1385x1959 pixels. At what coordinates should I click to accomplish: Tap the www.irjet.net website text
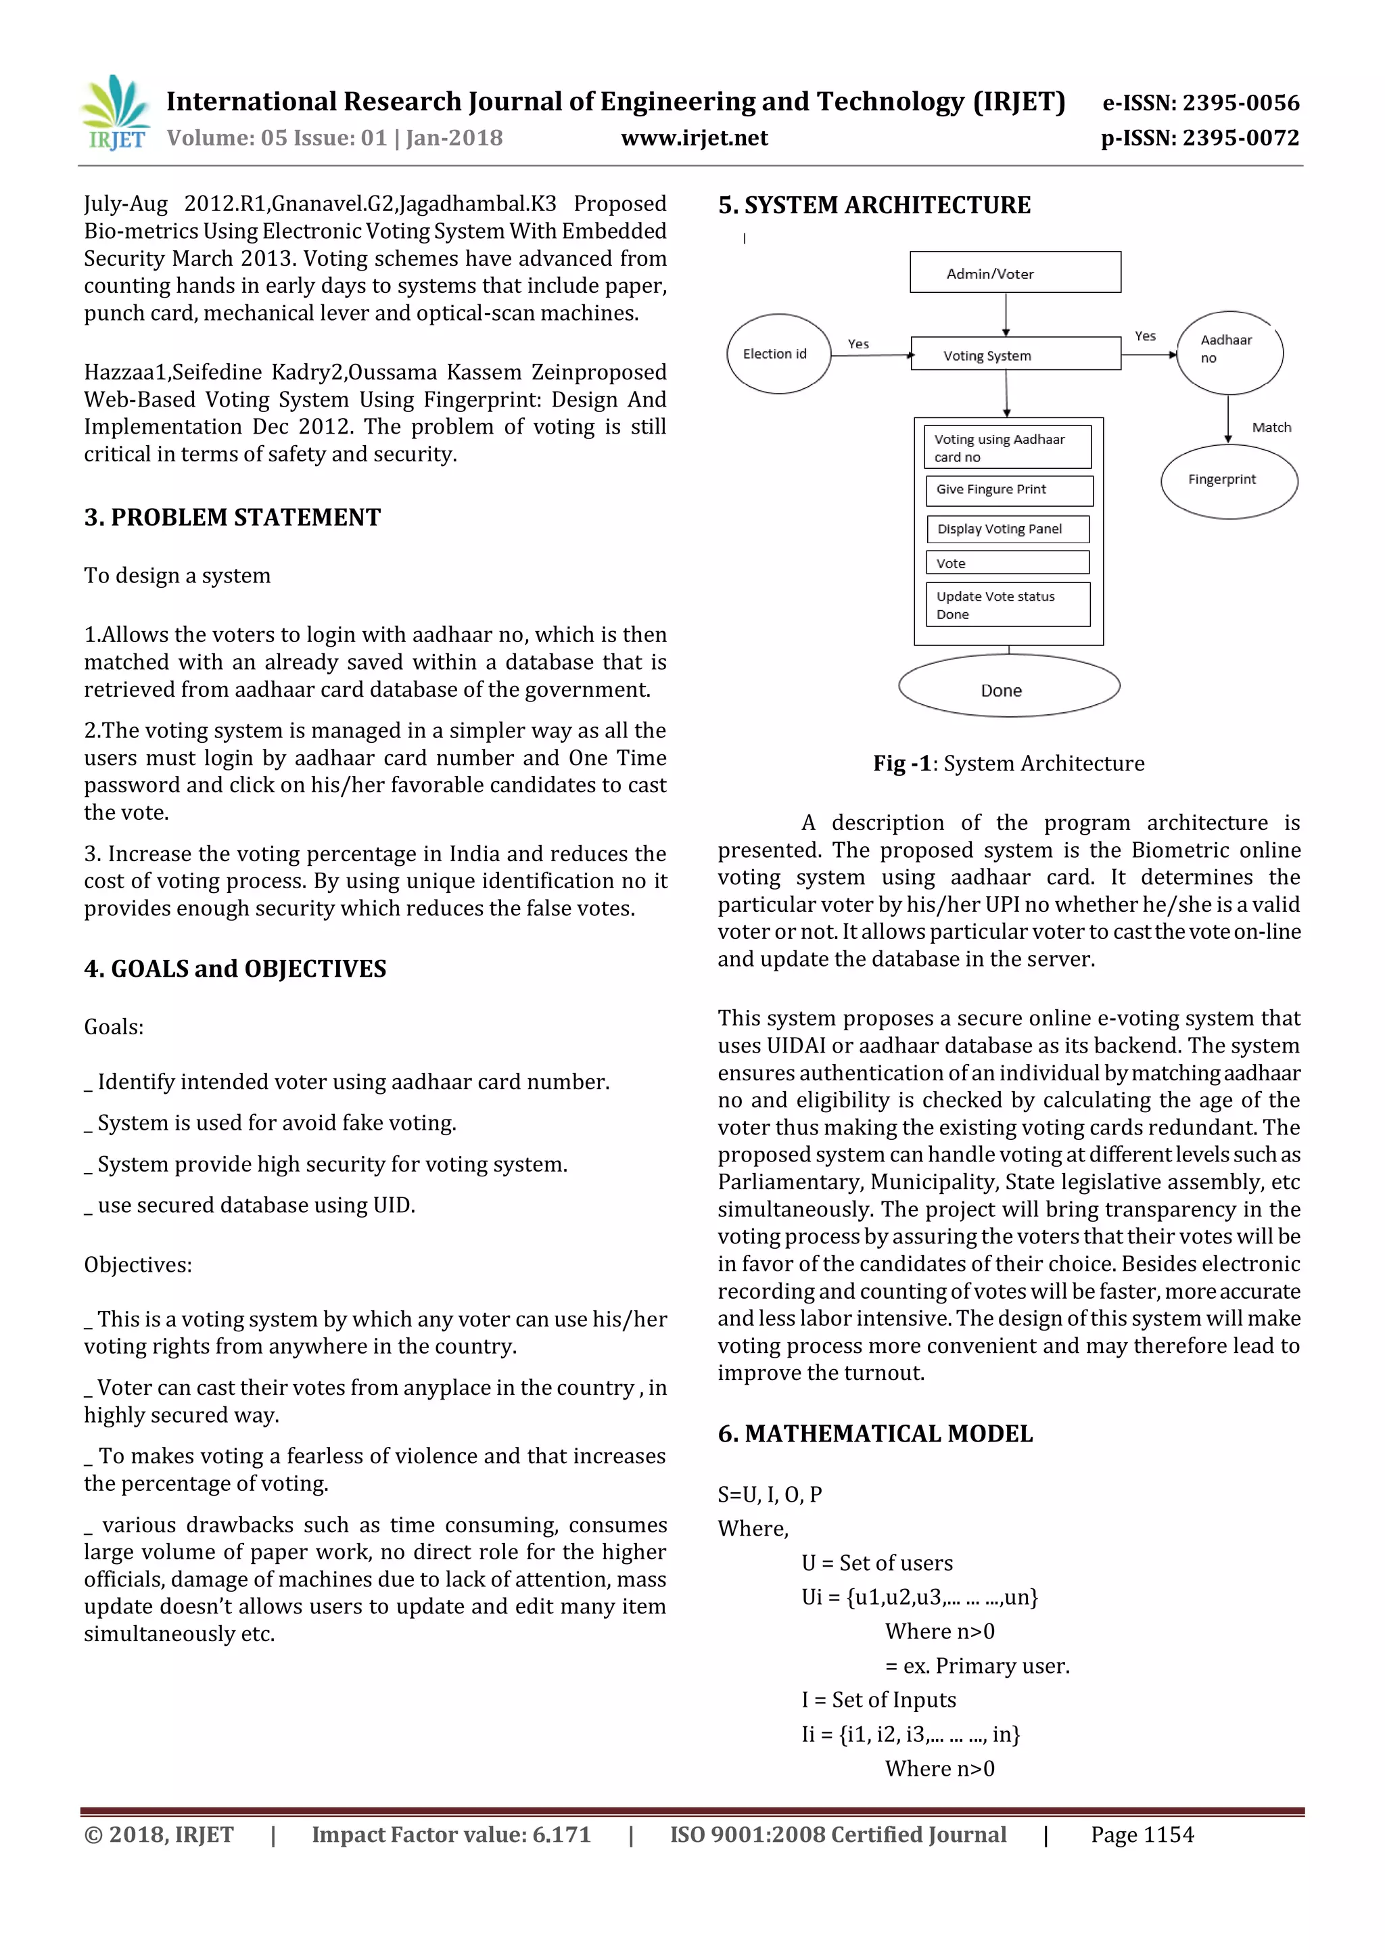(x=695, y=138)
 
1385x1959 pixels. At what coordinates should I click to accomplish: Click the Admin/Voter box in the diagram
(x=1015, y=273)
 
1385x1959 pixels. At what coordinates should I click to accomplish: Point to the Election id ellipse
(x=778, y=354)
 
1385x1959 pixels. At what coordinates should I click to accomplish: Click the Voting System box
(x=1015, y=354)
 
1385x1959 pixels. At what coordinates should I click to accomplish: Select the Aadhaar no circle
(x=1229, y=352)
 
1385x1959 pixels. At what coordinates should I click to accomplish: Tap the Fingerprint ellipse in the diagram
(x=1228, y=481)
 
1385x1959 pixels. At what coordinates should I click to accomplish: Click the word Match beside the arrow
(x=1271, y=428)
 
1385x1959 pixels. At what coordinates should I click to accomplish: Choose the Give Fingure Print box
(x=1008, y=490)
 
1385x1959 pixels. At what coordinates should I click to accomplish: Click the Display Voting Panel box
(x=1007, y=529)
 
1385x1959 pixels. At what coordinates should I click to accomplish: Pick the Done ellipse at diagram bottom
(x=1008, y=688)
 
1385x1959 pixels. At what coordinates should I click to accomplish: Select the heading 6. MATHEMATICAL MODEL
(x=874, y=1433)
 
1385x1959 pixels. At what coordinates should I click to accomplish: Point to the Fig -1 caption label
(x=901, y=764)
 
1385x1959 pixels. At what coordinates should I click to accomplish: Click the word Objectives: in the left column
(x=137, y=1264)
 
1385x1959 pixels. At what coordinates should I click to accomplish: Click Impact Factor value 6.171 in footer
(x=450, y=1835)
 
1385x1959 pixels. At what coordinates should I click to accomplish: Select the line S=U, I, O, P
(x=769, y=1494)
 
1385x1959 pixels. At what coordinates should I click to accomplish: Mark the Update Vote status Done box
(x=1007, y=605)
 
